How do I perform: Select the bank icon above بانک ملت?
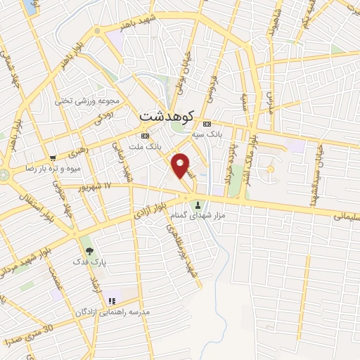145,135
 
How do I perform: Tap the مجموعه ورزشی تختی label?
94,101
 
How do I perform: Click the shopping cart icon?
53,158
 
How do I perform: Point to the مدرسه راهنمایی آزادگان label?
117,310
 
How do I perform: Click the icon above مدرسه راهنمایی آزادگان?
110,300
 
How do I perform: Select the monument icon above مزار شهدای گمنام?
198,206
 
